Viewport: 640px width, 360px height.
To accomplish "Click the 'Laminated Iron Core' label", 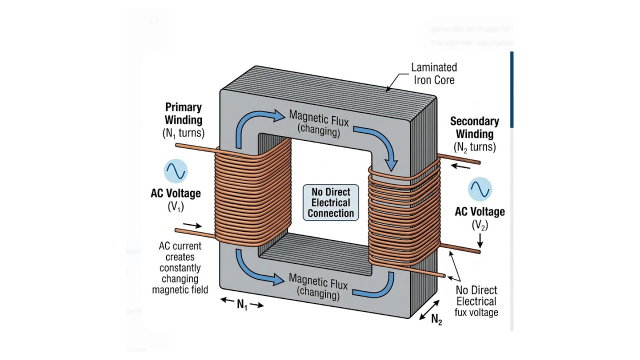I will click(433, 73).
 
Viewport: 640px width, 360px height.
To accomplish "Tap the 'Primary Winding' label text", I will click(183, 113).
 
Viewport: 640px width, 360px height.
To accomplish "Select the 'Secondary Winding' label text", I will click(474, 127).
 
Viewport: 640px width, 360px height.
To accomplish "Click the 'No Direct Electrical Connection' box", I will click(330, 203).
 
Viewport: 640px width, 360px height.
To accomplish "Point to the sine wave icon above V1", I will click(175, 171).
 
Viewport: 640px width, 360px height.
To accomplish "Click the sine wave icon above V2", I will click(480, 190).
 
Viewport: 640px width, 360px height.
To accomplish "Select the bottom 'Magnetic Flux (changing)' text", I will click(318, 287).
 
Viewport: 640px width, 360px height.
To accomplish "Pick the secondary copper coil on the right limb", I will click(402, 215).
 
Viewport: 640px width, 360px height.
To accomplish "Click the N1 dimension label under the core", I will click(242, 304).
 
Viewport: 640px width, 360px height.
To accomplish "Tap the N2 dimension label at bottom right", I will click(436, 319).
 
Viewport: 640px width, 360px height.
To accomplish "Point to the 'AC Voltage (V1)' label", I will click(175, 199).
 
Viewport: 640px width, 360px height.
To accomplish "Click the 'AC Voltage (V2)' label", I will click(479, 218).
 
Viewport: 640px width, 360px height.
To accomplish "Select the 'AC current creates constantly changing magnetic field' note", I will click(180, 267).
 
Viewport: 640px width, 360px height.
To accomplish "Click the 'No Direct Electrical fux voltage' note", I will click(476, 301).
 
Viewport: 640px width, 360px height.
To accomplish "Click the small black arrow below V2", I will click(480, 242).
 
